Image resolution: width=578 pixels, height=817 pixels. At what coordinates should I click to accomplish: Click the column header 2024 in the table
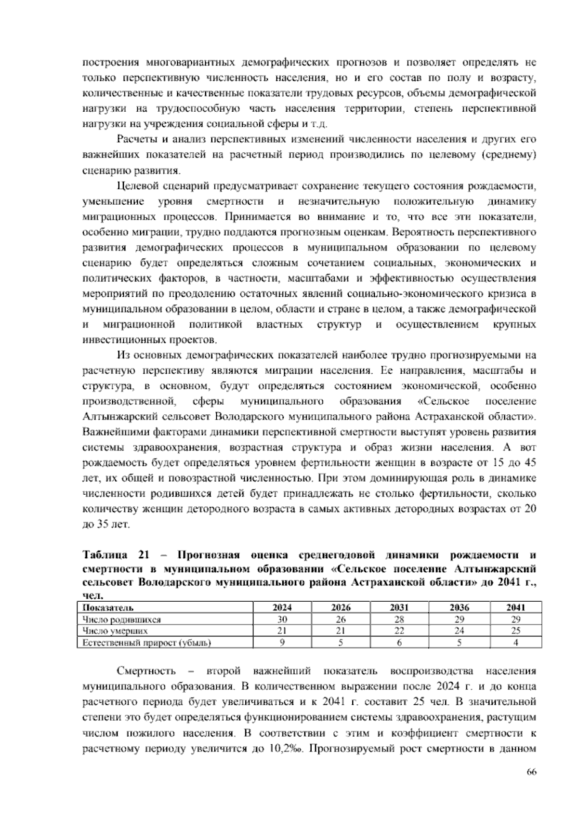[282, 607]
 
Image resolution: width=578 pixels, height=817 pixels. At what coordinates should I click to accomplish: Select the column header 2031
[399, 607]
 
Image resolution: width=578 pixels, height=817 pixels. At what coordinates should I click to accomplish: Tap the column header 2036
[459, 607]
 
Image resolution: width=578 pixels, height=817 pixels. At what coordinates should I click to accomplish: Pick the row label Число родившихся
[121, 619]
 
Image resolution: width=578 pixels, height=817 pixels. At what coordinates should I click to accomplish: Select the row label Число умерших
[115, 631]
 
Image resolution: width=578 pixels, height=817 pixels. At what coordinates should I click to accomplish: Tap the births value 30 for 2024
[282, 619]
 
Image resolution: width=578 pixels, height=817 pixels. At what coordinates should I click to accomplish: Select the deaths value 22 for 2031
[399, 631]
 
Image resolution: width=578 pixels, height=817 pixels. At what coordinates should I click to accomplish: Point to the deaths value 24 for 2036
[459, 631]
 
